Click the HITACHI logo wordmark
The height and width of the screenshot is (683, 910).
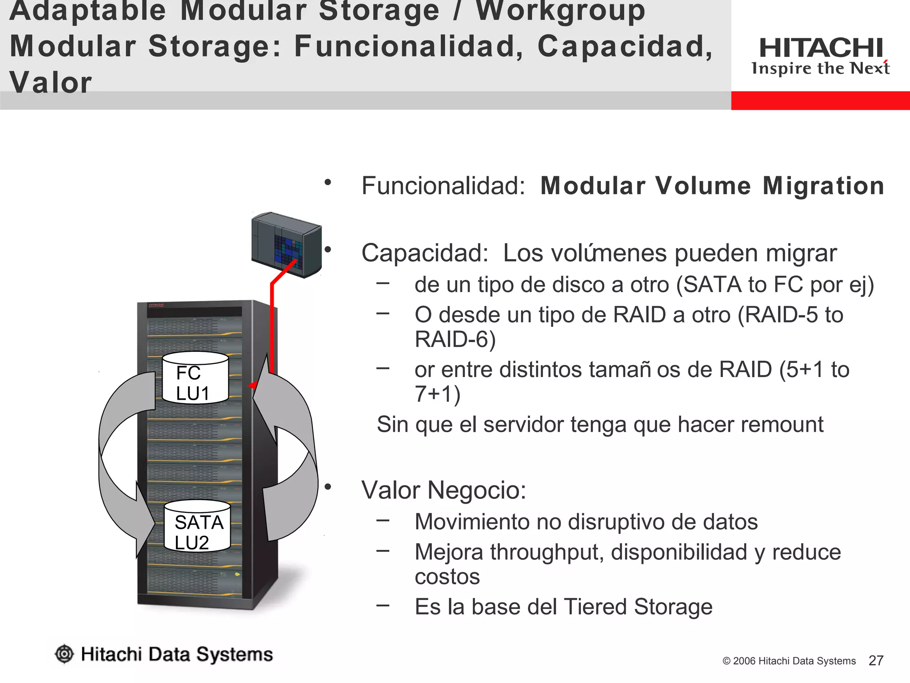821,48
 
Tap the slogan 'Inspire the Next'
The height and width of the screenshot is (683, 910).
820,68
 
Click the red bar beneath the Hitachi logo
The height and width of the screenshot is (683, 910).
820,100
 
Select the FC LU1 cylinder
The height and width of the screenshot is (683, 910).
195,378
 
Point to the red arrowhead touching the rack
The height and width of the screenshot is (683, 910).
253,385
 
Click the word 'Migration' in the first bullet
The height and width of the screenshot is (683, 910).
823,186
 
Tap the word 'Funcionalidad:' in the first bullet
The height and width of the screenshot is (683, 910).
443,186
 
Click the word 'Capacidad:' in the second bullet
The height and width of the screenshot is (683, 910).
425,253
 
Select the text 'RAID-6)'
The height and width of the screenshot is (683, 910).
455,339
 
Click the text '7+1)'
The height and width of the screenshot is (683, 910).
437,394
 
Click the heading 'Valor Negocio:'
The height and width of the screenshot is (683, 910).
443,490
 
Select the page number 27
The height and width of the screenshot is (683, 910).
875,660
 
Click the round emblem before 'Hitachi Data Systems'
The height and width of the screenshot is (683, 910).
64,654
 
